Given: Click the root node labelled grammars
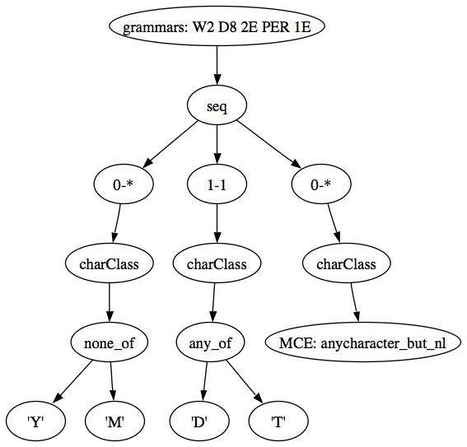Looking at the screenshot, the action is pyautogui.click(x=217, y=26).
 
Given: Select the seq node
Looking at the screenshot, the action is pyautogui.click(x=217, y=105).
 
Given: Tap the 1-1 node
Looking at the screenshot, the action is pyautogui.click(x=217, y=184).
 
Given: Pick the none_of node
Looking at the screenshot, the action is pyautogui.click(x=109, y=342).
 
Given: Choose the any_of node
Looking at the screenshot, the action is pyautogui.click(x=210, y=342).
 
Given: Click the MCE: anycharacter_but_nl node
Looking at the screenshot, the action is pyautogui.click(x=362, y=342).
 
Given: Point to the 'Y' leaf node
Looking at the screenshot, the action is pyautogui.click(x=35, y=421).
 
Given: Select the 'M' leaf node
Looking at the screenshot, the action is pyautogui.click(x=114, y=421).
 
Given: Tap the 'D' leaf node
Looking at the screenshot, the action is pyautogui.click(x=199, y=421).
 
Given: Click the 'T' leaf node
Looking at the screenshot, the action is pyautogui.click(x=278, y=421).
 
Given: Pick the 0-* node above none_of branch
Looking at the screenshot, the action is pyautogui.click(x=124, y=184).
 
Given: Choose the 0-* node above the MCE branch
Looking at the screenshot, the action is pyautogui.click(x=321, y=184).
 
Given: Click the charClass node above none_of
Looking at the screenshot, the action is pyautogui.click(x=109, y=263).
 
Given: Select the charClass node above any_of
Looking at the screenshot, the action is pyautogui.click(x=217, y=263).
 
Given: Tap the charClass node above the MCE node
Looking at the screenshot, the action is pyautogui.click(x=347, y=263).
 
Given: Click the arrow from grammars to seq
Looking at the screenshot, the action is pyautogui.click(x=217, y=66).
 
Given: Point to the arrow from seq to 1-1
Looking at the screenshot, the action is pyautogui.click(x=217, y=145).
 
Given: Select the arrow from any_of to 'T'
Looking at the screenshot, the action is pyautogui.click(x=245, y=381).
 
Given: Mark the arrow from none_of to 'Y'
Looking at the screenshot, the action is pyautogui.click(x=73, y=381).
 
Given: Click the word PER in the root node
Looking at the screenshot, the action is pyautogui.click(x=275, y=27).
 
